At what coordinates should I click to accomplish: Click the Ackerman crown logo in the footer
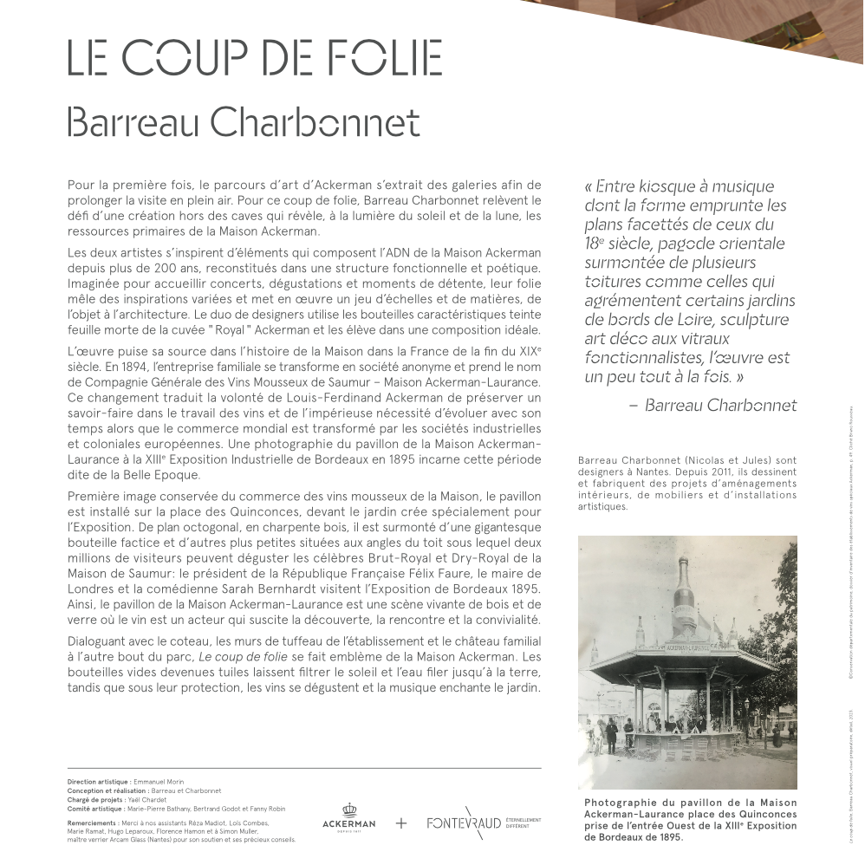coord(348,816)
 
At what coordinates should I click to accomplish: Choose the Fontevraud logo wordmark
coord(464,823)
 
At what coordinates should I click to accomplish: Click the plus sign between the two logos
coord(401,823)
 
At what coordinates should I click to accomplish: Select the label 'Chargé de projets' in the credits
coord(95,799)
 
